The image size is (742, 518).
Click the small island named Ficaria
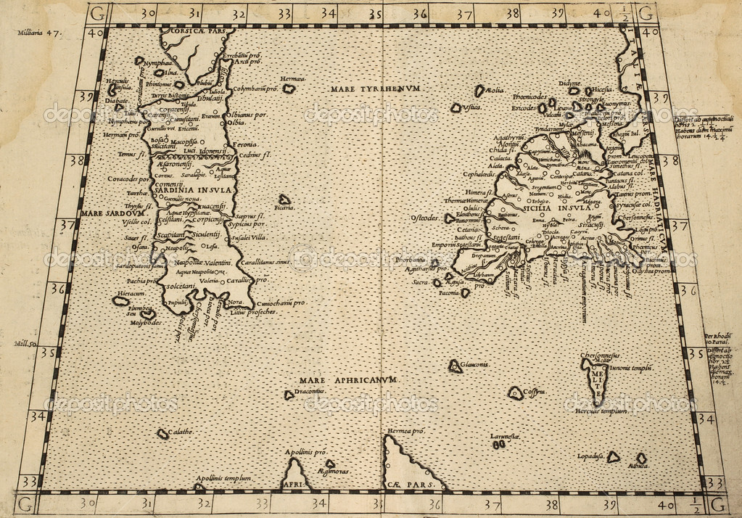284,200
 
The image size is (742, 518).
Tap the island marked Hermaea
289,89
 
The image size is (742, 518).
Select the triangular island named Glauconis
455,366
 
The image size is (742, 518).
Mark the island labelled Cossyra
516,394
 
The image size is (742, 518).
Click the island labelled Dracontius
289,395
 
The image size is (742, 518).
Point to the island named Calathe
163,434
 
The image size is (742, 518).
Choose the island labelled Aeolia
479,91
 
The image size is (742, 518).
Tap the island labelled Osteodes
450,218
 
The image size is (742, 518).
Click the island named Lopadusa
613,457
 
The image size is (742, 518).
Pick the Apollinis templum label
222,479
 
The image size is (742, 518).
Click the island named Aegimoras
330,464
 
